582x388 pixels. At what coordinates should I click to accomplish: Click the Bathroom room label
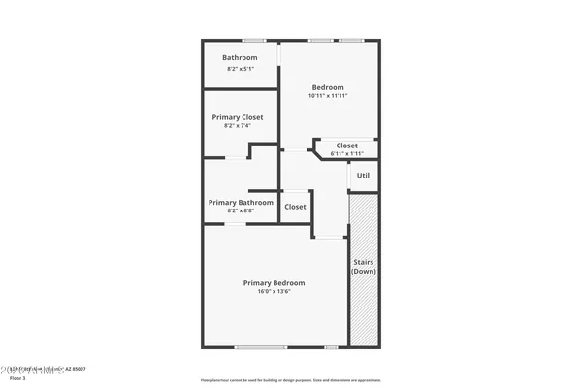[x=240, y=58]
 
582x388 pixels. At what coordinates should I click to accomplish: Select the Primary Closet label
[x=238, y=117]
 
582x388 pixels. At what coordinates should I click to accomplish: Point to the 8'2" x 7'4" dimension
[x=238, y=126]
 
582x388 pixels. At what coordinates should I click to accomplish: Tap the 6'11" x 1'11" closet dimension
[x=345, y=153]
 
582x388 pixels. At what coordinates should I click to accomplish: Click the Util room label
[x=363, y=176]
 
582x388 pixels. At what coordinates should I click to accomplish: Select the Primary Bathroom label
[x=241, y=202]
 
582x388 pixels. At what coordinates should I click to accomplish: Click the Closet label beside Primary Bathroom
[x=295, y=206]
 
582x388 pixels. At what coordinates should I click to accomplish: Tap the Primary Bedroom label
[x=274, y=283]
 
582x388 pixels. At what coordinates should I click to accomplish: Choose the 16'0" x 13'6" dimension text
[x=274, y=292]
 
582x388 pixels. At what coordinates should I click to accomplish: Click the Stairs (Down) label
[x=363, y=267]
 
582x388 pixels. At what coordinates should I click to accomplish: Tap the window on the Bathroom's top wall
[x=255, y=40]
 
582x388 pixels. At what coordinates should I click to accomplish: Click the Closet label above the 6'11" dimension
[x=346, y=145]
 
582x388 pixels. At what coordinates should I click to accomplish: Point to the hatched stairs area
[x=363, y=310]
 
